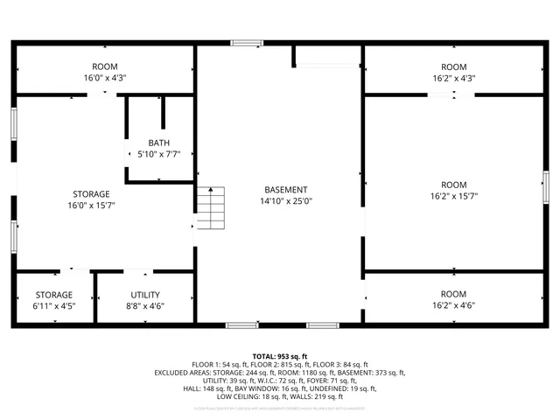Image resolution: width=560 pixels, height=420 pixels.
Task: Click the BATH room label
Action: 159,143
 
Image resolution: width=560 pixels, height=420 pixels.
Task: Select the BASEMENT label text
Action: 286,190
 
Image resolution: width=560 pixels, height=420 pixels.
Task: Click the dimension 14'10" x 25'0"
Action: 286,201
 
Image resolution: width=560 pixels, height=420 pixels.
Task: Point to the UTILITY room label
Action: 145,295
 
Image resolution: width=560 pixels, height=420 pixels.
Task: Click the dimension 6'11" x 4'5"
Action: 54,306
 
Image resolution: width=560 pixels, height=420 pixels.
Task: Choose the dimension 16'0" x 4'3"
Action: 105,78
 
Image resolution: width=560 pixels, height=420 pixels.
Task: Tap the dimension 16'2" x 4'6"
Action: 453,305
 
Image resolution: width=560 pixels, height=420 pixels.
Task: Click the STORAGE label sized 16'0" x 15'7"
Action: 91,193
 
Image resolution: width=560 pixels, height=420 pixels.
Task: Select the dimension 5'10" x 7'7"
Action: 159,154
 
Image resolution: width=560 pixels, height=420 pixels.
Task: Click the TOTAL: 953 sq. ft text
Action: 280,356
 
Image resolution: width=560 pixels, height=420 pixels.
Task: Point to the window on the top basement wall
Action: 247,42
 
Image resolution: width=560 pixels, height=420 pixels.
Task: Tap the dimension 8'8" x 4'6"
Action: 145,306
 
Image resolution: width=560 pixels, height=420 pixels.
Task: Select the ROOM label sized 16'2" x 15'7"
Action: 453,185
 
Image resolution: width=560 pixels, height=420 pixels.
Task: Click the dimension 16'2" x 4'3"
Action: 453,78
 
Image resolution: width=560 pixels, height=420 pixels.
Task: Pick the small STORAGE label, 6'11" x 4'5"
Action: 54,295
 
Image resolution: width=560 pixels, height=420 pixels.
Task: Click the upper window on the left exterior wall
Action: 13,122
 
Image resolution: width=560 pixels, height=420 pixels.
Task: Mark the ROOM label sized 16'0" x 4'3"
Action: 105,66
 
